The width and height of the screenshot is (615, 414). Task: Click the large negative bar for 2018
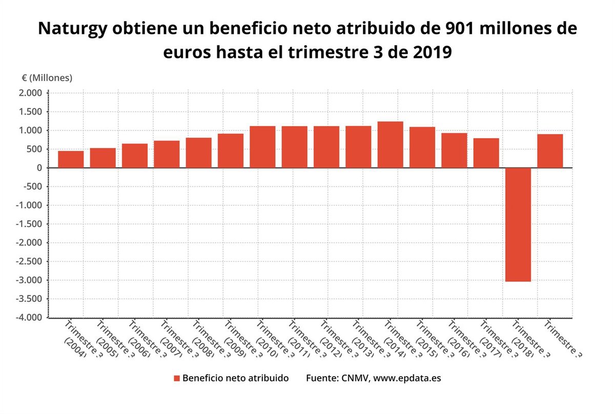(x=518, y=224)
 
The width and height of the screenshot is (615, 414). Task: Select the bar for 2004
(x=71, y=159)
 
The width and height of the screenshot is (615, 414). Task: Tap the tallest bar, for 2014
(x=390, y=144)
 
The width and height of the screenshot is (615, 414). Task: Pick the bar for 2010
(x=262, y=147)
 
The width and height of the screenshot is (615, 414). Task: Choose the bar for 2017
(x=486, y=153)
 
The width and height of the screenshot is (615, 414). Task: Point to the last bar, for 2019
(x=550, y=151)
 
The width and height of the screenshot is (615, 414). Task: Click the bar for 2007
(x=167, y=154)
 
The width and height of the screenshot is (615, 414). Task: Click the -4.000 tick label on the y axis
(x=30, y=318)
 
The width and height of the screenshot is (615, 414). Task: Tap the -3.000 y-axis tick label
(x=30, y=280)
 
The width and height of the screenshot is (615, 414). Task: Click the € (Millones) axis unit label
(x=47, y=78)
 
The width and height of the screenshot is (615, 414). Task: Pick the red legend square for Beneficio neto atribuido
(x=177, y=378)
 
